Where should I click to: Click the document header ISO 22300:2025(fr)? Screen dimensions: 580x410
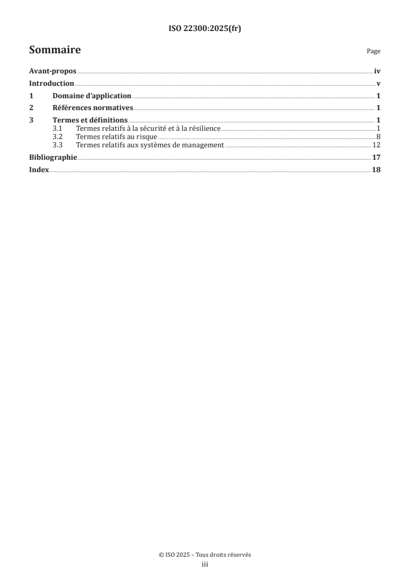click(205, 29)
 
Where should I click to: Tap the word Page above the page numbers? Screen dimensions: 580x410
click(373, 51)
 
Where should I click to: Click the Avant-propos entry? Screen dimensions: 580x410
click(53, 72)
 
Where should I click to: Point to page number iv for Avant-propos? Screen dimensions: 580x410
click(377, 72)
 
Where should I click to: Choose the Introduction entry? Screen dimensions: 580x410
click(52, 84)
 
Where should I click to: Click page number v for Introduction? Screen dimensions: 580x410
click(378, 84)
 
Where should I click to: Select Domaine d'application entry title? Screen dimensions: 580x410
click(92, 96)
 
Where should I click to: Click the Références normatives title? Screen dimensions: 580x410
click(93, 108)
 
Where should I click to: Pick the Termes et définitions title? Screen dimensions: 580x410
click(90, 120)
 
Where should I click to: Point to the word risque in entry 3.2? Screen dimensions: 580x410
click(146, 137)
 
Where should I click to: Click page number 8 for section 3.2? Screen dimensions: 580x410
click(378, 137)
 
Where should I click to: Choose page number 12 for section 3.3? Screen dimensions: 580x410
click(376, 145)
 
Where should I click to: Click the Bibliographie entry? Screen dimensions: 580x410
click(53, 157)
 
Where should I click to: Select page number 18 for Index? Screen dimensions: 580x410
click(376, 170)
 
